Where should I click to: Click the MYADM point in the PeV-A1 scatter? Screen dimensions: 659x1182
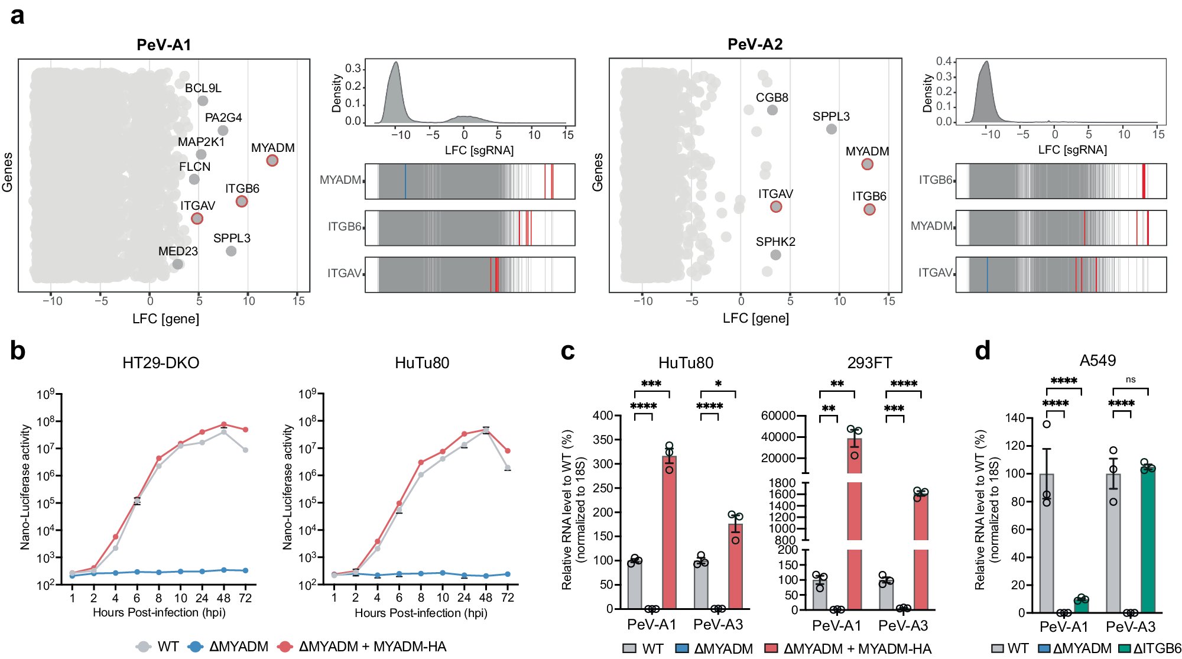tap(272, 160)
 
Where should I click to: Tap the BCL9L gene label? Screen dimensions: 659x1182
tap(203, 88)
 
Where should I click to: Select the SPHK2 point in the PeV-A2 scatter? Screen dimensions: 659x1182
tap(775, 255)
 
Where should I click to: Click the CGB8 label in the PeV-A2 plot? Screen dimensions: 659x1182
tap(772, 98)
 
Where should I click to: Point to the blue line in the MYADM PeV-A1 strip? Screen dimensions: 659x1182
tap(405, 181)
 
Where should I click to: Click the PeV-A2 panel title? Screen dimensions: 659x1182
tap(755, 44)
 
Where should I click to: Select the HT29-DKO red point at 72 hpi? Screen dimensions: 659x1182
tap(245, 430)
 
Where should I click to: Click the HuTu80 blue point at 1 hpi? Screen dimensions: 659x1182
tap(334, 574)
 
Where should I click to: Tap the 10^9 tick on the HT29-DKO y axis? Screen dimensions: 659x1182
tap(46, 394)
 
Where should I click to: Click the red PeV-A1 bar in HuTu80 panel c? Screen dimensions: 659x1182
tap(669, 532)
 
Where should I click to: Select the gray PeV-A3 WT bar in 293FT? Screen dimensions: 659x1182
tap(885, 595)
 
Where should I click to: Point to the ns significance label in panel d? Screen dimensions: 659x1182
tap(1130, 379)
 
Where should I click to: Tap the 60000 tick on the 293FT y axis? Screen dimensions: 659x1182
tap(778, 415)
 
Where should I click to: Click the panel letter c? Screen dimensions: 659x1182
tap(567, 351)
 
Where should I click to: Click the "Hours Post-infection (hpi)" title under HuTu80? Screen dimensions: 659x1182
tap(421, 613)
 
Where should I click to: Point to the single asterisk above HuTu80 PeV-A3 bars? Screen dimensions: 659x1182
tap(718, 384)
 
